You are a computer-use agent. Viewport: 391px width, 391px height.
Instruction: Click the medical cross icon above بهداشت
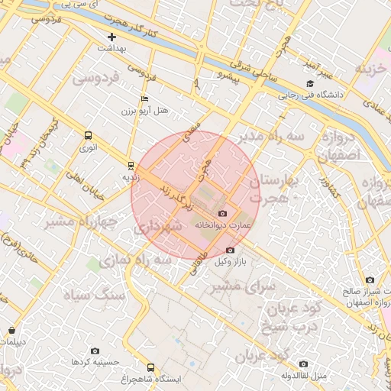pyautogui.click(x=112, y=36)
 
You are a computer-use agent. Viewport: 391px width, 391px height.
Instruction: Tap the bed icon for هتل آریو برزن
pyautogui.click(x=145, y=99)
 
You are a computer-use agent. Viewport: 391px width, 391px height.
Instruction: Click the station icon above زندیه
pyautogui.click(x=131, y=165)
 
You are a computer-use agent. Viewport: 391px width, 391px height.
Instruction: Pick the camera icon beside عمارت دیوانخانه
pyautogui.click(x=222, y=214)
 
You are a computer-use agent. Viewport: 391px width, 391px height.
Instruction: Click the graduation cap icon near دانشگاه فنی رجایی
pyautogui.click(x=309, y=84)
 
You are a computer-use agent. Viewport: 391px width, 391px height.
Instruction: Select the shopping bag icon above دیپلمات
pyautogui.click(x=12, y=330)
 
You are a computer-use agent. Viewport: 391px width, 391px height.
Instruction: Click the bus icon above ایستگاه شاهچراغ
pyautogui.click(x=150, y=367)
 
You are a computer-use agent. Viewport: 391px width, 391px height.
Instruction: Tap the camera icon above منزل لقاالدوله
pyautogui.click(x=303, y=364)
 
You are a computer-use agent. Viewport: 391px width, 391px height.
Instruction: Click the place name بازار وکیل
pyautogui.click(x=234, y=262)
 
